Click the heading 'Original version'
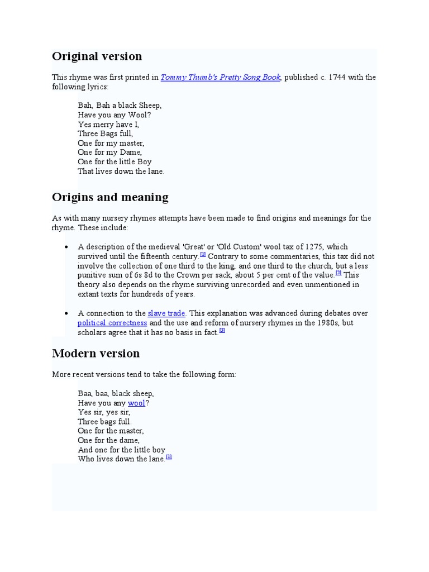[x=97, y=56]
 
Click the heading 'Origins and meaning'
[x=110, y=197]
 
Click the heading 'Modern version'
[x=96, y=354]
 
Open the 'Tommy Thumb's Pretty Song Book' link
[x=220, y=78]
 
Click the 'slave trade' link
[x=166, y=313]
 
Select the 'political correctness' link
[x=112, y=323]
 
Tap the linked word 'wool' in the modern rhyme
[x=136, y=403]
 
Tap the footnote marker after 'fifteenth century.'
[x=203, y=254]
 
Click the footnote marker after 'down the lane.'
[x=169, y=457]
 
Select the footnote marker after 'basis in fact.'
[x=222, y=330]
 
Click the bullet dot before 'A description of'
[x=66, y=247]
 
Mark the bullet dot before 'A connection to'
[x=66, y=313]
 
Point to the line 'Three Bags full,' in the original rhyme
[x=106, y=134]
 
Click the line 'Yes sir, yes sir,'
[x=104, y=412]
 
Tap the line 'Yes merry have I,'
[x=108, y=125]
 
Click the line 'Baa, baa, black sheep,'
[x=116, y=393]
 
